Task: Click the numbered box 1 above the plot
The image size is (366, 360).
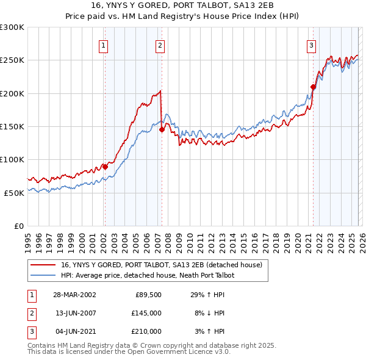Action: tap(104, 45)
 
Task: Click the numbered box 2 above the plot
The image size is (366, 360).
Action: tap(160, 45)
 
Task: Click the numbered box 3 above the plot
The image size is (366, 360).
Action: tap(311, 45)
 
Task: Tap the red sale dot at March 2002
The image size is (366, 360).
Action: tap(105, 167)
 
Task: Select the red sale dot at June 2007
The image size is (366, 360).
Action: tap(162, 129)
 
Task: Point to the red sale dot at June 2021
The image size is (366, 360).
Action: tap(313, 87)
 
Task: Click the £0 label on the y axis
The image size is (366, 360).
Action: tap(18, 226)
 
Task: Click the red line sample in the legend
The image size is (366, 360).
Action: tap(44, 265)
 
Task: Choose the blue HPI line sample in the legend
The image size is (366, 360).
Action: tap(44, 275)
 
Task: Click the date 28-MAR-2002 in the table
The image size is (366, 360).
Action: tap(74, 295)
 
